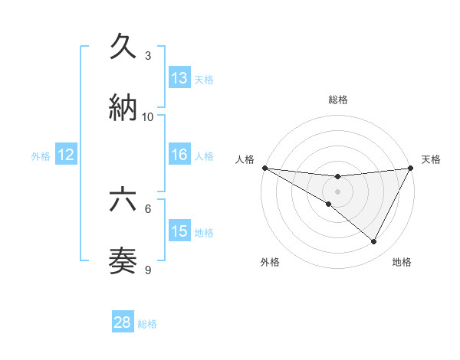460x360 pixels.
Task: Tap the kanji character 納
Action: click(x=123, y=107)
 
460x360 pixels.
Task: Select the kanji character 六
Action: click(x=123, y=201)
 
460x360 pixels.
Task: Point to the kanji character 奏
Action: click(x=123, y=261)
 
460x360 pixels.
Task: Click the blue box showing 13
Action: click(x=179, y=78)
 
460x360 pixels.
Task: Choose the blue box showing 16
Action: click(x=179, y=155)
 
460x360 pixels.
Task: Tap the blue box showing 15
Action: click(x=179, y=231)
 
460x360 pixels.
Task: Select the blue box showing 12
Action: click(x=66, y=155)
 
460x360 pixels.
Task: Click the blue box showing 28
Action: click(x=123, y=322)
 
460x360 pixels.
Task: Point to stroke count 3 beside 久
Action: click(x=148, y=56)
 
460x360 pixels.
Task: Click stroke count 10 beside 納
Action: click(x=148, y=116)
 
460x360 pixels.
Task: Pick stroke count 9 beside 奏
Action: click(x=148, y=270)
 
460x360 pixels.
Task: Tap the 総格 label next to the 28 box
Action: click(x=147, y=324)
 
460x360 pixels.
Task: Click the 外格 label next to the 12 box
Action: click(x=41, y=156)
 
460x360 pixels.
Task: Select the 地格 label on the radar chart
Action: click(x=402, y=262)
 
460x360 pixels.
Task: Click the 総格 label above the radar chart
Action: click(x=338, y=100)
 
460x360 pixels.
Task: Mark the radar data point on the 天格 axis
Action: click(x=411, y=168)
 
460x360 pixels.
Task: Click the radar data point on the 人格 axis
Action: click(x=264, y=168)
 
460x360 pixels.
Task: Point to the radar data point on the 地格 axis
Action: click(x=374, y=242)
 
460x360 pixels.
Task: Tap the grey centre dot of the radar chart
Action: click(x=338, y=191)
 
